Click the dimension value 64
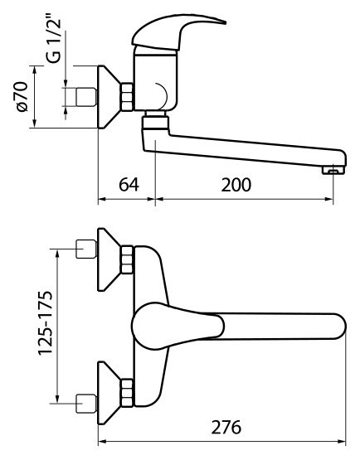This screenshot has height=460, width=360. click(x=129, y=185)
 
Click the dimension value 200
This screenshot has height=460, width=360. click(x=236, y=185)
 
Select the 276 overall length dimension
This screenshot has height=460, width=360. click(x=226, y=428)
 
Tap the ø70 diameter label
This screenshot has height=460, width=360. click(x=22, y=96)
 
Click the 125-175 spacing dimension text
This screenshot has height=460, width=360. click(x=46, y=323)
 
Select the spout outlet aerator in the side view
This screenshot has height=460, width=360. click(x=333, y=170)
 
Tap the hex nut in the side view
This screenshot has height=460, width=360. click(x=127, y=97)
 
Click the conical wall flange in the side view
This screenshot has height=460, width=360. click(x=109, y=97)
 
